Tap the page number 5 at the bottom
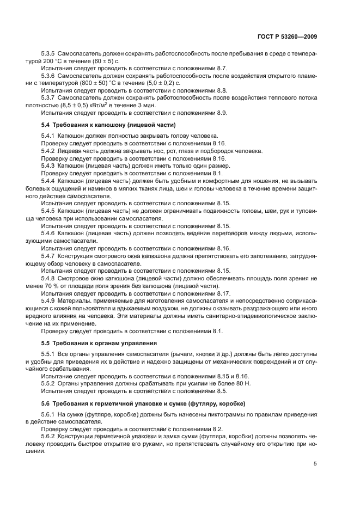click(315, 464)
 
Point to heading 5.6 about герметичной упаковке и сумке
click(143, 403)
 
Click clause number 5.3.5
click(50, 54)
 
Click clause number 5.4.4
click(50, 179)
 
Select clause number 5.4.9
click(50, 301)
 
